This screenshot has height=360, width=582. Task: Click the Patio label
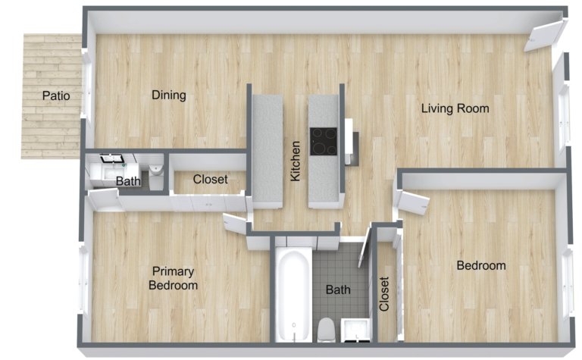56,96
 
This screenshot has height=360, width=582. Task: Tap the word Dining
169,95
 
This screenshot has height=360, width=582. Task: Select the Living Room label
455,108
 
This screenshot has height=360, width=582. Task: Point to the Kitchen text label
296,161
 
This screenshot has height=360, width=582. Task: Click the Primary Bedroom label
173,278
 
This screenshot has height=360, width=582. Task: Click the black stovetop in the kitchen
324,141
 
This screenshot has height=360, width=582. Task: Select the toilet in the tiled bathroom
326,330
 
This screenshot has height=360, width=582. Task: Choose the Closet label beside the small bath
210,180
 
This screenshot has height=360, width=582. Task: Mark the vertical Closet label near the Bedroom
384,294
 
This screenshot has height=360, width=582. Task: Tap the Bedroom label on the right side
480,266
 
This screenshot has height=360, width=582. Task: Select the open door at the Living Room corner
547,35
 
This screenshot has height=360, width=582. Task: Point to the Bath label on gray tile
337,290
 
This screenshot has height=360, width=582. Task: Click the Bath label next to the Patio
128,182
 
